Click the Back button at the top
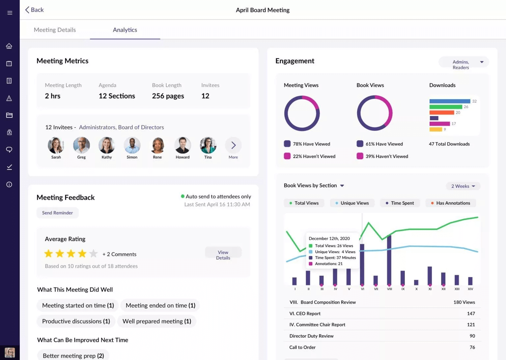pyautogui.click(x=34, y=10)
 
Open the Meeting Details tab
pyautogui.click(x=55, y=30)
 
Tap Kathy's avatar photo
pyautogui.click(x=107, y=145)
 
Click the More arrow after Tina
pyautogui.click(x=233, y=145)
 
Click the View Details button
pyautogui.click(x=223, y=255)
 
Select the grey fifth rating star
pyautogui.click(x=94, y=254)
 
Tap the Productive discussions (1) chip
pyautogui.click(x=76, y=321)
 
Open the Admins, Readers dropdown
pyautogui.click(x=464, y=64)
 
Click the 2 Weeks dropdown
pyautogui.click(x=463, y=186)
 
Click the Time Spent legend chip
pyautogui.click(x=400, y=203)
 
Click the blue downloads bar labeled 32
pyautogui.click(x=450, y=101)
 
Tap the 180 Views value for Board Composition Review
pyautogui.click(x=464, y=302)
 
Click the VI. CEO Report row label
pyautogui.click(x=305, y=314)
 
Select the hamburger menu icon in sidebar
pyautogui.click(x=10, y=13)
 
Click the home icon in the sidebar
pyautogui.click(x=9, y=46)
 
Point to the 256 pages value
pyautogui.click(x=168, y=96)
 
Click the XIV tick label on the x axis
pyautogui.click(x=470, y=289)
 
